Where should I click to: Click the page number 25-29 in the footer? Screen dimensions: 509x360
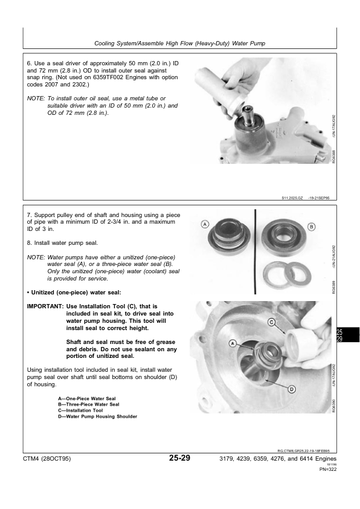tap(180, 459)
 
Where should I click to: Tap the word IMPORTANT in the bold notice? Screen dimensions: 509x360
tap(45, 306)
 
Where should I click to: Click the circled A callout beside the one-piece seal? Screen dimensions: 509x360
tap(205, 225)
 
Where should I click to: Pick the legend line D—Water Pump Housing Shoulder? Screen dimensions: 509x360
tap(97, 416)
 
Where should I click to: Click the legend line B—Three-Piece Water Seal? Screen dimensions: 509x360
tap(88, 404)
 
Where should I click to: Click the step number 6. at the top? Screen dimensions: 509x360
tap(30, 63)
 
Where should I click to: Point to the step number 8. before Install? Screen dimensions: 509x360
tap(30, 242)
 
